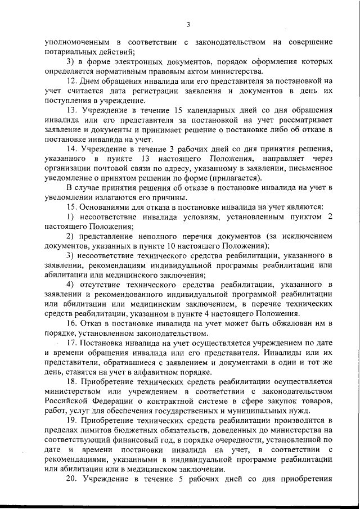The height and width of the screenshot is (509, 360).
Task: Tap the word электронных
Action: (136, 62)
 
